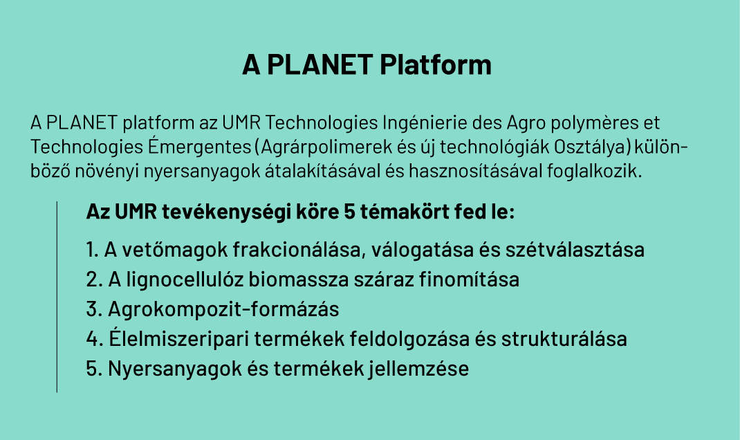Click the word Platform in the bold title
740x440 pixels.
436,64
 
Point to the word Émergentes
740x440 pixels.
199,147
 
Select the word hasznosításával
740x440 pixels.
476,171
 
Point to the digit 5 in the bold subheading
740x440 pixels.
349,212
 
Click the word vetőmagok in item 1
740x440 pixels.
175,250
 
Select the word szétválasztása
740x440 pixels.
575,250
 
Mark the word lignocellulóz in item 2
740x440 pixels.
185,279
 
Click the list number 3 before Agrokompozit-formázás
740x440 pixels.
91,309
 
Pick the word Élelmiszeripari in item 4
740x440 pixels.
179,338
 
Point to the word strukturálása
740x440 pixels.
564,339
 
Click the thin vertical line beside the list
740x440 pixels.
57,297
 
